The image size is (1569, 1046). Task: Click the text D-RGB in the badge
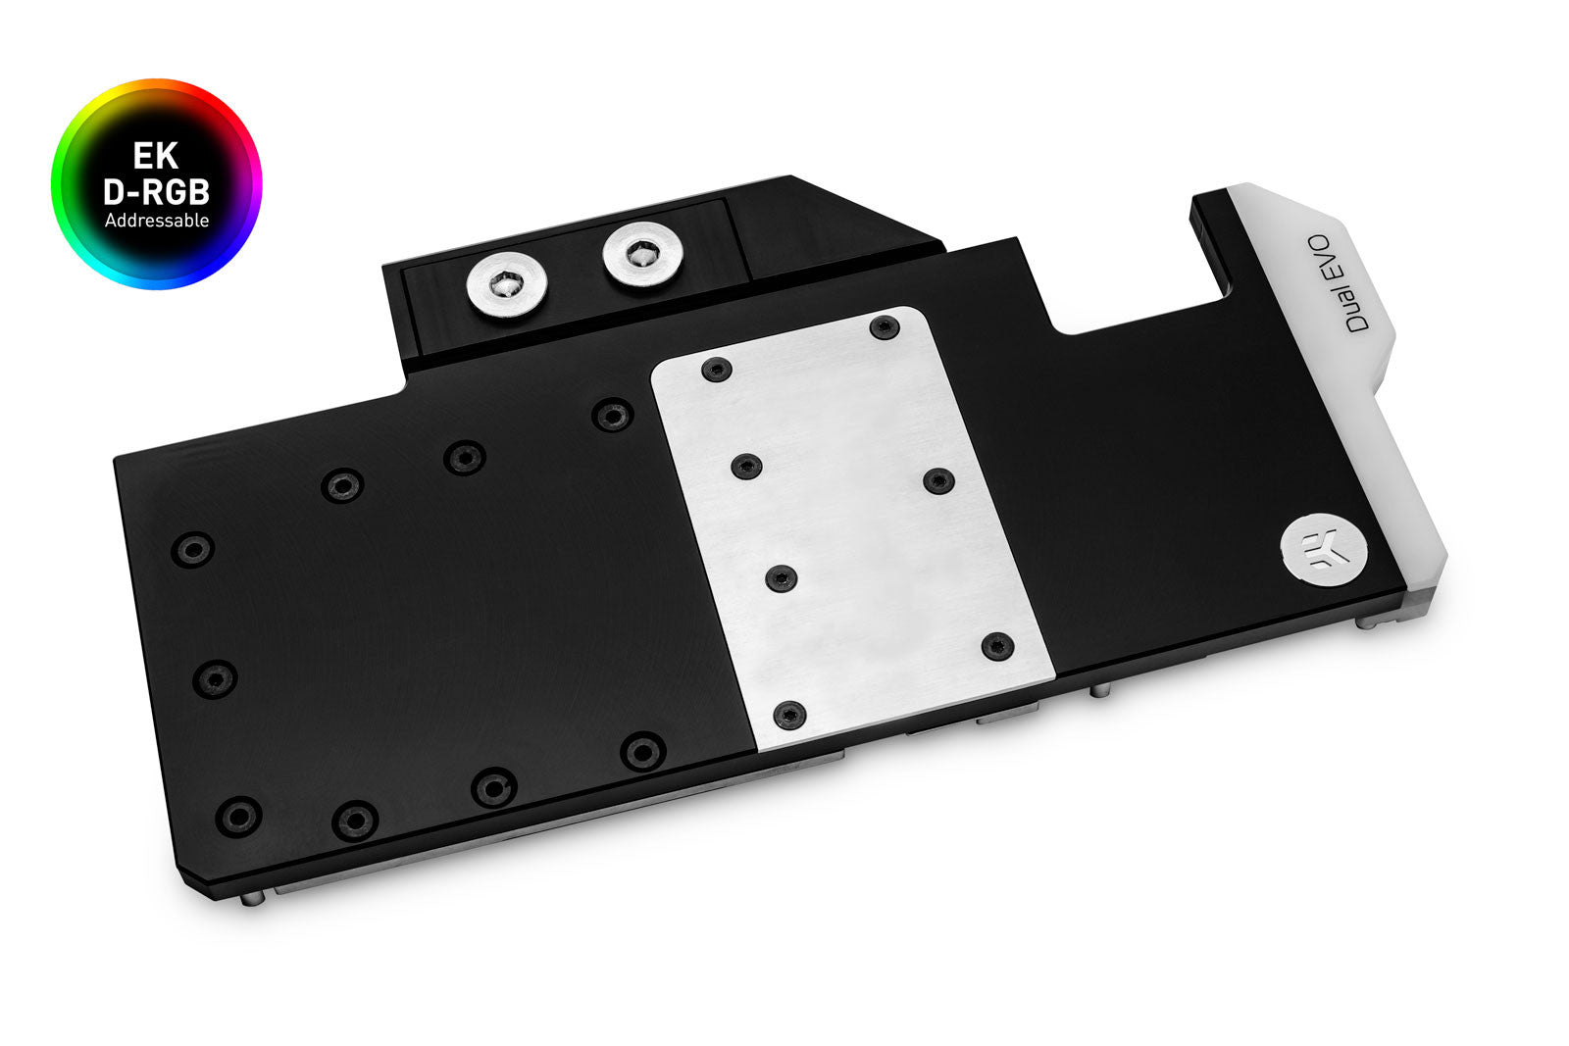pyautogui.click(x=156, y=191)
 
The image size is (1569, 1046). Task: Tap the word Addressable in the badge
pyautogui.click(x=156, y=221)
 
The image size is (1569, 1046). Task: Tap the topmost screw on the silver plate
pyautogui.click(x=885, y=327)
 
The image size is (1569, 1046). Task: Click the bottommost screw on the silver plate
pyautogui.click(x=789, y=715)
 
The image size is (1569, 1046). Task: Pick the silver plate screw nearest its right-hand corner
pyautogui.click(x=997, y=646)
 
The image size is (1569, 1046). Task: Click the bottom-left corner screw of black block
pyautogui.click(x=238, y=816)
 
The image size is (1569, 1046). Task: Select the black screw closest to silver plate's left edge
pyautogui.click(x=612, y=416)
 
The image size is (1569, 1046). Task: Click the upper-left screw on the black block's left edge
pyautogui.click(x=192, y=549)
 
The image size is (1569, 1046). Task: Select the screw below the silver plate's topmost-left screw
pyautogui.click(x=746, y=466)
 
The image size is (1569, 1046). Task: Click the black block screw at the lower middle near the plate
pyautogui.click(x=642, y=752)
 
